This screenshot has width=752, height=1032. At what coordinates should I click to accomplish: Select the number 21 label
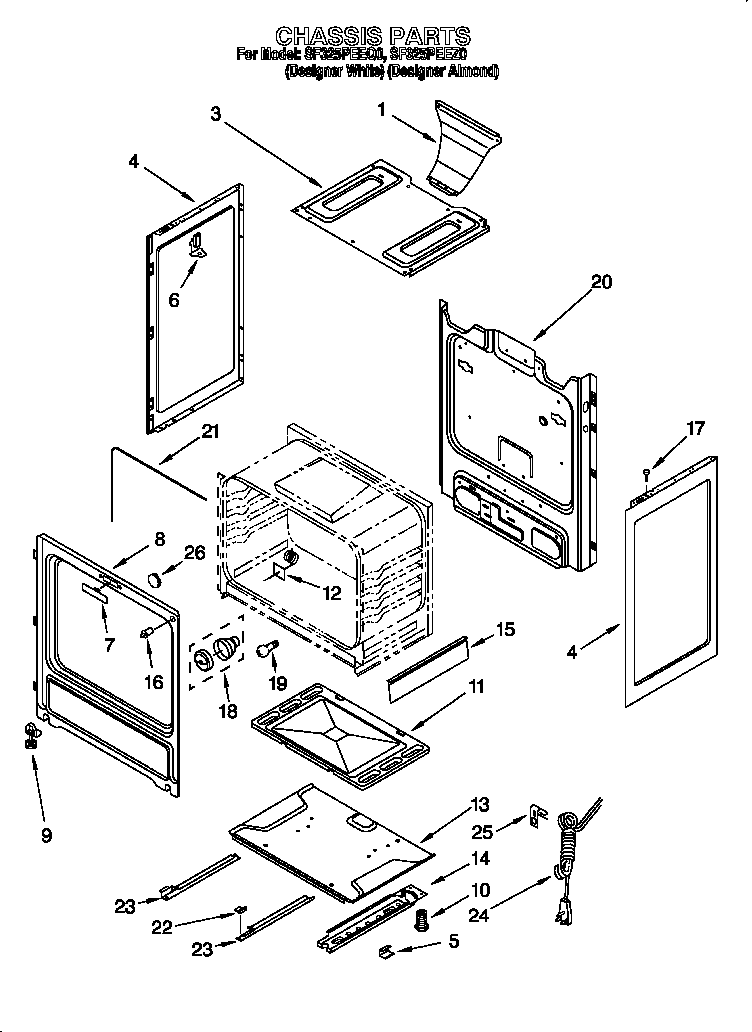click(208, 431)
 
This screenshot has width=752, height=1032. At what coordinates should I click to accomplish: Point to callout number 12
click(331, 593)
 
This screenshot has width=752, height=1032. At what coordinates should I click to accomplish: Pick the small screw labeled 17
click(647, 470)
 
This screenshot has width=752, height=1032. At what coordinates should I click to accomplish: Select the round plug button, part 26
click(154, 579)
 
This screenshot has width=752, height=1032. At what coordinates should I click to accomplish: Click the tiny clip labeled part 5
click(385, 951)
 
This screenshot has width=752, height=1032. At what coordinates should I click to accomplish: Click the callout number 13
click(481, 803)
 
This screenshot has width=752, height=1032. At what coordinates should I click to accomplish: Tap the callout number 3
click(215, 113)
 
